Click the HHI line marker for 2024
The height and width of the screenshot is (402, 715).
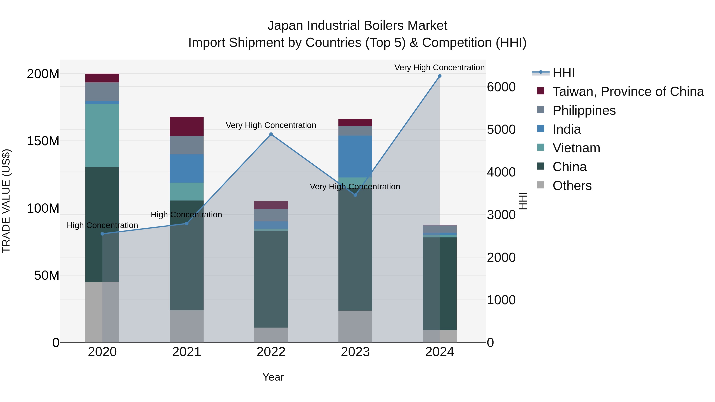click(x=439, y=76)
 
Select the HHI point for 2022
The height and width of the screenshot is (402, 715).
click(x=271, y=134)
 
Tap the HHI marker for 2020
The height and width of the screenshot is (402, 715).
click(x=102, y=234)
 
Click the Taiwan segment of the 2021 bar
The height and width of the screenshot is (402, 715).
click(x=186, y=126)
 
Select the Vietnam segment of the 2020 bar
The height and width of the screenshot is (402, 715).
click(x=102, y=135)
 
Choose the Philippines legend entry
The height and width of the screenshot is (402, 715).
click(x=584, y=110)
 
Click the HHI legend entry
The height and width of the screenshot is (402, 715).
click(x=563, y=73)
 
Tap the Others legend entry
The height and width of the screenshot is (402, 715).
click(x=572, y=186)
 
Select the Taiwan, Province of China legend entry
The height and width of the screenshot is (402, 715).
click(x=628, y=92)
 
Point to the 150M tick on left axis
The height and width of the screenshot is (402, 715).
click(x=43, y=141)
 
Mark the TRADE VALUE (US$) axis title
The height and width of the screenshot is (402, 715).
click(x=6, y=201)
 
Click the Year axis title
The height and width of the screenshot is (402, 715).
click(x=273, y=377)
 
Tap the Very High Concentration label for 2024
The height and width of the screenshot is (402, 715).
click(x=439, y=67)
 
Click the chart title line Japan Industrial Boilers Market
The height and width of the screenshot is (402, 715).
click(x=357, y=26)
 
